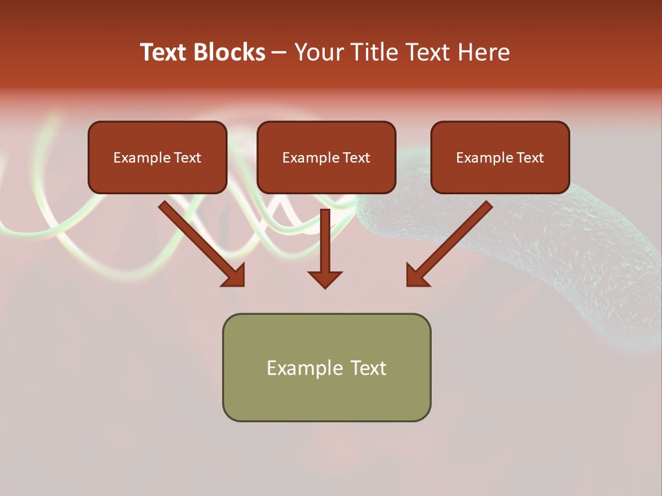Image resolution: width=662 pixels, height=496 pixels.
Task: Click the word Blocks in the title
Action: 229,52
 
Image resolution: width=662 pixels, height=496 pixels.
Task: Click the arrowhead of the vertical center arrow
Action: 325,278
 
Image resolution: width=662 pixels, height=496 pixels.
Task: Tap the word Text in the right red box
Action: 530,158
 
